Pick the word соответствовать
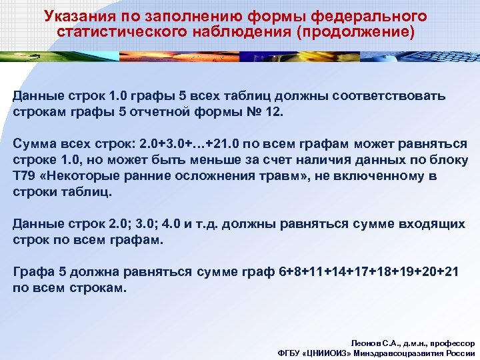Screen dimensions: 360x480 (387, 96)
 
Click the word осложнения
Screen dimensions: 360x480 (207, 176)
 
